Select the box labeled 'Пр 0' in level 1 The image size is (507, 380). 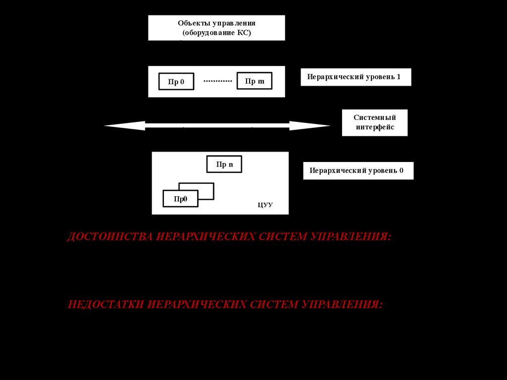pos(176,82)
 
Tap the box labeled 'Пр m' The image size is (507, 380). pos(254,81)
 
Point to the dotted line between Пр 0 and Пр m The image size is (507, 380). pos(217,81)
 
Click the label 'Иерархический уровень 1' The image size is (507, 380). pos(355,77)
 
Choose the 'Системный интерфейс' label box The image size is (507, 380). pos(374,122)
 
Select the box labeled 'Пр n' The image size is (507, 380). pos(224,164)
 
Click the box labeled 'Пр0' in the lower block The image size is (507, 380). pos(180,199)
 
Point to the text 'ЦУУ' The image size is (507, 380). pos(265,205)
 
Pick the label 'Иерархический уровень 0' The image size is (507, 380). pos(358,171)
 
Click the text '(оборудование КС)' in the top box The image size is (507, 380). pos(217,33)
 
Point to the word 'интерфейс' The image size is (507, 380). pos(374,127)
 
